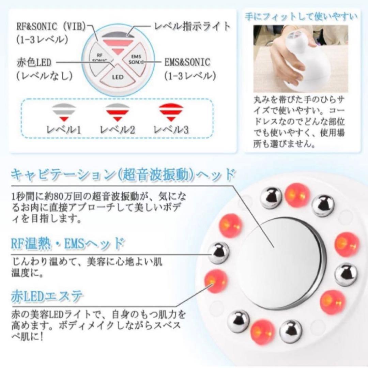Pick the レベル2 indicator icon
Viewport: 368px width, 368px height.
[117, 113]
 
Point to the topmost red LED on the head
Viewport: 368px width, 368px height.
[297, 195]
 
